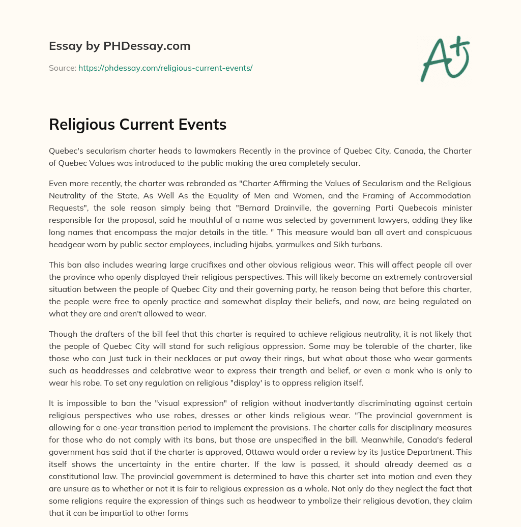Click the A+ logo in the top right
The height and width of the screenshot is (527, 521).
[444, 58]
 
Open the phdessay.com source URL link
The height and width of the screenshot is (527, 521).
[165, 68]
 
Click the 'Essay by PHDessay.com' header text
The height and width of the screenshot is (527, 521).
[120, 46]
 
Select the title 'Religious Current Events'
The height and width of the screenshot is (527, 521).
[137, 125]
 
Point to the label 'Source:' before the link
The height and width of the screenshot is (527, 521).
[62, 68]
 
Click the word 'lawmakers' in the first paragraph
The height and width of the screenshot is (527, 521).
[215, 151]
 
